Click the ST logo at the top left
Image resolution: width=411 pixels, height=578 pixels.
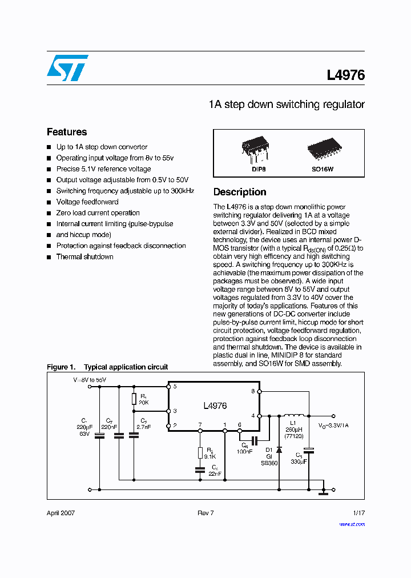[x=67, y=68]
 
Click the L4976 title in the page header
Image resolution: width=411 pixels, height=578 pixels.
[x=345, y=75]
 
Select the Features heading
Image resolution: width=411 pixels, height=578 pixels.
[x=67, y=132]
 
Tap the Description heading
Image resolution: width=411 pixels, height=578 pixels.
[x=240, y=192]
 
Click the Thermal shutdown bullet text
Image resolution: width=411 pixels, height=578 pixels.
[x=84, y=257]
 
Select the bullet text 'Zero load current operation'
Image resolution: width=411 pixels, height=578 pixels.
[x=98, y=213]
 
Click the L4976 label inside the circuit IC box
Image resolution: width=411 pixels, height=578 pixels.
[x=215, y=406]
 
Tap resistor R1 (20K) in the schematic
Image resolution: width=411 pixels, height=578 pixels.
[x=134, y=399]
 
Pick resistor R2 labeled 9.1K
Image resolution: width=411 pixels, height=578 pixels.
[x=200, y=453]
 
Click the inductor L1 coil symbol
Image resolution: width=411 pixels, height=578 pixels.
[x=294, y=415]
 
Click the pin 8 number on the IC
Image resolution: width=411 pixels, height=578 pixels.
[x=253, y=391]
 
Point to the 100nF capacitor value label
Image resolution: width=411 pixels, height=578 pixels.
[x=245, y=452]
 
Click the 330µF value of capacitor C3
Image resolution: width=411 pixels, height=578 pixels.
[x=297, y=461]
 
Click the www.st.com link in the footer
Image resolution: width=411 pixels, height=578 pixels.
[x=351, y=524]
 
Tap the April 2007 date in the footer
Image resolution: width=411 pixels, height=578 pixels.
[x=61, y=513]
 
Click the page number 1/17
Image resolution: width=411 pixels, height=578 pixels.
[x=358, y=513]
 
